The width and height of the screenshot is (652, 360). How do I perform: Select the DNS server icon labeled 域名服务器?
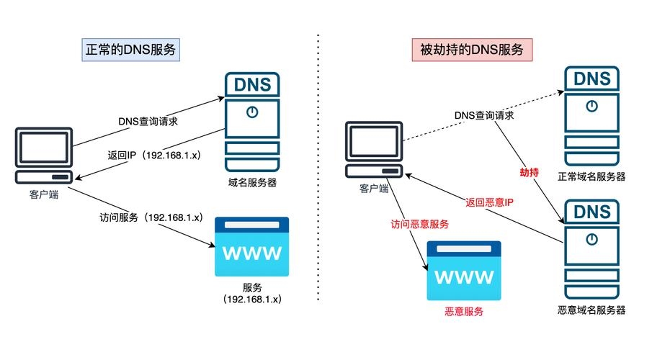click(x=252, y=120)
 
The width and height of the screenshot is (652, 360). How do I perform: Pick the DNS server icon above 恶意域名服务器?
click(x=591, y=248)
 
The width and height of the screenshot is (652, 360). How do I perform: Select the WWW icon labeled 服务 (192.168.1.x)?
click(x=252, y=248)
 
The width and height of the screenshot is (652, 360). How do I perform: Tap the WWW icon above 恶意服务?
click(x=462, y=271)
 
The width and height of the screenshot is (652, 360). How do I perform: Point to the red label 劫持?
click(x=530, y=174)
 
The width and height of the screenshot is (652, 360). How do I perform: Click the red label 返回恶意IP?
click(x=488, y=203)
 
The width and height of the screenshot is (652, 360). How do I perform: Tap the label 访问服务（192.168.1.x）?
click(x=151, y=216)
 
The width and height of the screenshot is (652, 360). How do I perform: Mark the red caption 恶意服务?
click(x=462, y=312)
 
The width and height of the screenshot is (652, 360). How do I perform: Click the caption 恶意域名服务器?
click(x=591, y=310)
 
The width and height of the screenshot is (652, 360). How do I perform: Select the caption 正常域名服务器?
click(x=591, y=176)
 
